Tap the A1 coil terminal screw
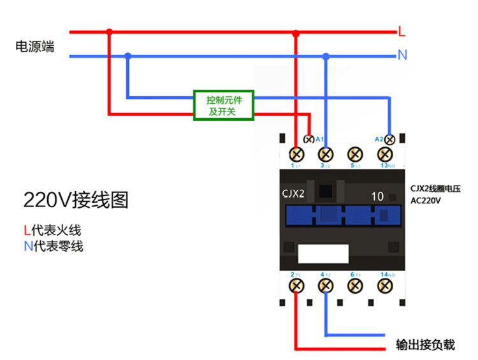(308, 140)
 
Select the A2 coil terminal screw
(389, 140)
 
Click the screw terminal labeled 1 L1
(296, 154)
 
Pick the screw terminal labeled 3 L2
(326, 154)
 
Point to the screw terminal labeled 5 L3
(355, 154)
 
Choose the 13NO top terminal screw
(385, 154)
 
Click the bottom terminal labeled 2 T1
(296, 286)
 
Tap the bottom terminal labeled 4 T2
(326, 286)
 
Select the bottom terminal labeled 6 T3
(355, 286)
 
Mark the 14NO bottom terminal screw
(385, 286)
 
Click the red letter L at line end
(402, 31)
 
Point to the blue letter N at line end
(402, 55)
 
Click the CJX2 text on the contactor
(293, 194)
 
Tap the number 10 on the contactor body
(377, 196)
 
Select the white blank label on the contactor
(323, 254)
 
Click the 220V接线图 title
(76, 200)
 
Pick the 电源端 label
(35, 47)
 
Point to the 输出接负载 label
(425, 345)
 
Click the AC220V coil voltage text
(426, 201)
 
